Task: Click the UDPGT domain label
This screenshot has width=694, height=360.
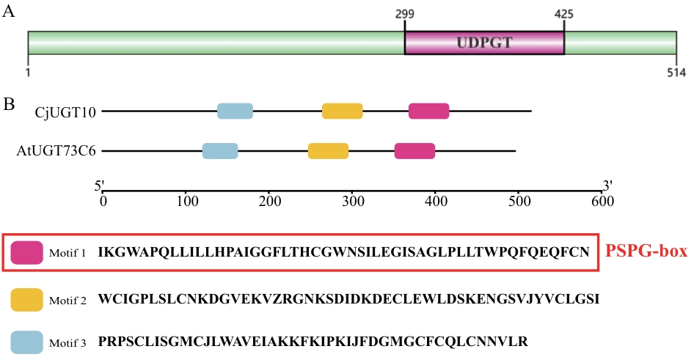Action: coord(484,43)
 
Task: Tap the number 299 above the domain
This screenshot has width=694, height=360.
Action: coord(405,14)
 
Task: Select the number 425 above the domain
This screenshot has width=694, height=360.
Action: coord(564,14)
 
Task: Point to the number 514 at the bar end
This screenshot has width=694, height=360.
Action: coord(676,72)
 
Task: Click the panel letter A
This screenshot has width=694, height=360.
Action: coord(8,11)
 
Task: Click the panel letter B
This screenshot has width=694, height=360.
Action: coord(9,104)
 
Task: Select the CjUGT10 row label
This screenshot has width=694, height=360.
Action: coord(65,112)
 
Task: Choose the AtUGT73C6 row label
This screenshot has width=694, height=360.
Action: coord(56,151)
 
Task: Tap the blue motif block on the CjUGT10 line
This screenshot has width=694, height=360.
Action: coord(235,111)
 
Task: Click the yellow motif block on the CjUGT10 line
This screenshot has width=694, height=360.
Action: coord(342,111)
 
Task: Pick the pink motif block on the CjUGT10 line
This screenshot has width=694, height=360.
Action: coord(429,111)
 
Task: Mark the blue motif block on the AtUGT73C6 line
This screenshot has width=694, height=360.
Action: coord(220,151)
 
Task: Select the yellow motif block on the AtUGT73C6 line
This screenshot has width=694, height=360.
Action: coord(328,151)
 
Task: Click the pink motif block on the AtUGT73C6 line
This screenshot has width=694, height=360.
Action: coord(414,151)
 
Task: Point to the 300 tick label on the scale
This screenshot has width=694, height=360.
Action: coord(353,202)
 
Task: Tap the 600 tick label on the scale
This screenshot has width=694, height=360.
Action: coord(602,202)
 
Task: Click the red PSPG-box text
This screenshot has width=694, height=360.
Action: coord(646,251)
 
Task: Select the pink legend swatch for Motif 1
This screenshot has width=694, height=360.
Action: coord(27,252)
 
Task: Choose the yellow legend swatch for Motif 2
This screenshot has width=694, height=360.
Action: coord(27,300)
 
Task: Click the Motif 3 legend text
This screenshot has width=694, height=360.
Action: coord(67,342)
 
